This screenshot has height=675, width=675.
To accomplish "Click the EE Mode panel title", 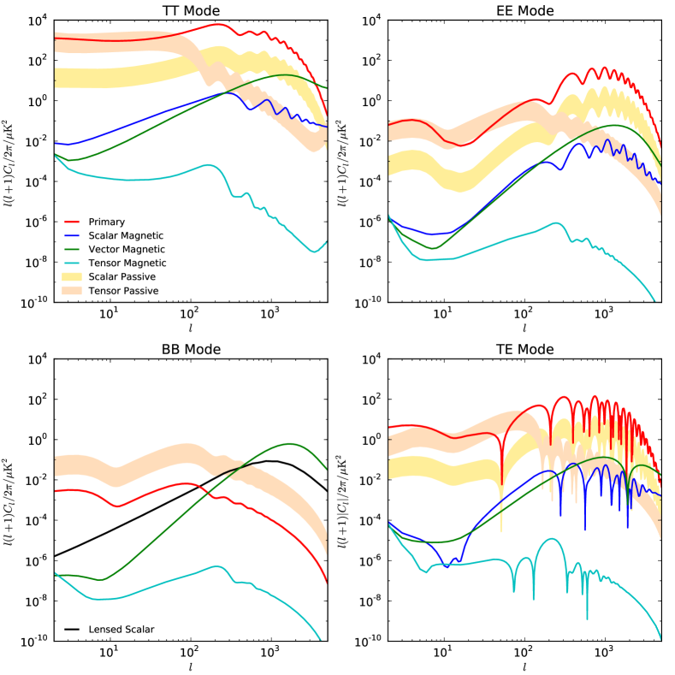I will click(524, 10).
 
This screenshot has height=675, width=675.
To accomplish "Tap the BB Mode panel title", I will click(191, 350).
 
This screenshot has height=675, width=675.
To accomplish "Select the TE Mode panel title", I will click(524, 350).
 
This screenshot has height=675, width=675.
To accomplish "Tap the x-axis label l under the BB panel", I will click(191, 666).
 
